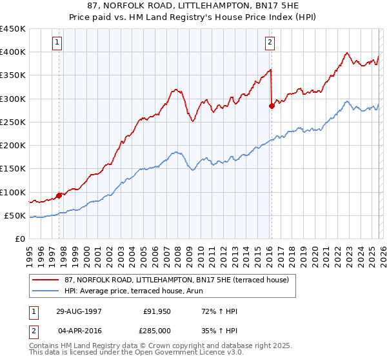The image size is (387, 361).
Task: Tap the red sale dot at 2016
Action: click(x=272, y=106)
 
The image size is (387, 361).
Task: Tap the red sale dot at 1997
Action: click(x=59, y=195)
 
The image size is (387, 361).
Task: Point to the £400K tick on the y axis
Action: click(x=13, y=52)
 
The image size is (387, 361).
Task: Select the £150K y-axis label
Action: click(x=13, y=169)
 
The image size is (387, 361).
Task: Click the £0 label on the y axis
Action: click(x=19, y=239)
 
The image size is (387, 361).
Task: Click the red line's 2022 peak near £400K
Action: click(x=347, y=53)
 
